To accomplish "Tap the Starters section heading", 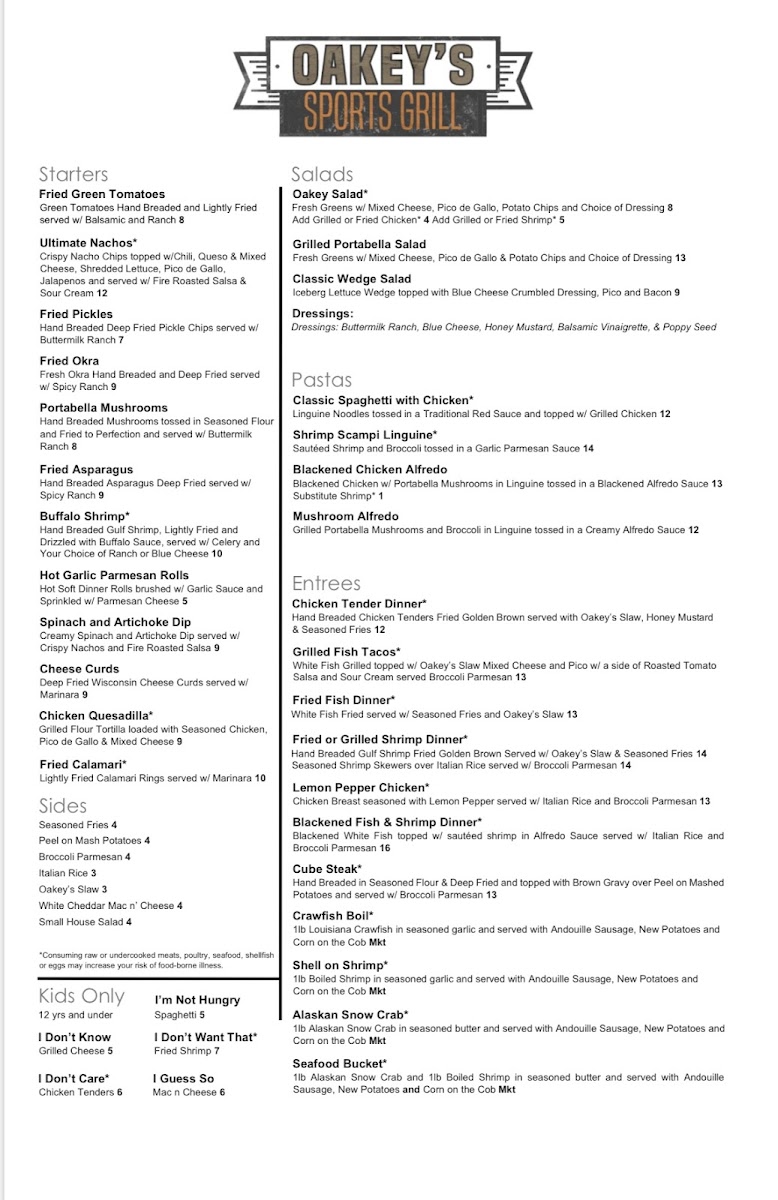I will pyautogui.click(x=73, y=174).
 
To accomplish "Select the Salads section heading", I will pyautogui.click(x=322, y=174).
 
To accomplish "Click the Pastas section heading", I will pyautogui.click(x=322, y=380).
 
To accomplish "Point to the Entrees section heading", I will pyautogui.click(x=326, y=583).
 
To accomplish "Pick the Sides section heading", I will pyautogui.click(x=63, y=805).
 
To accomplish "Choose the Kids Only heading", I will pyautogui.click(x=82, y=996).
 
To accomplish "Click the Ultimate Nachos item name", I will pyautogui.click(x=88, y=243).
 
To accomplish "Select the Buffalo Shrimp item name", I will pyautogui.click(x=86, y=516).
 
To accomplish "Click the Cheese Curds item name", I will pyautogui.click(x=80, y=669).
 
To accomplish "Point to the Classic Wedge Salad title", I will pyautogui.click(x=352, y=279).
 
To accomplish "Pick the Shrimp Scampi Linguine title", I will pyautogui.click(x=365, y=435).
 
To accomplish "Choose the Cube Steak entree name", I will pyautogui.click(x=327, y=869).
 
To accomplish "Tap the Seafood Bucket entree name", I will pyautogui.click(x=339, y=1063).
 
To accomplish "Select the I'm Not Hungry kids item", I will pyautogui.click(x=198, y=1000).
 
